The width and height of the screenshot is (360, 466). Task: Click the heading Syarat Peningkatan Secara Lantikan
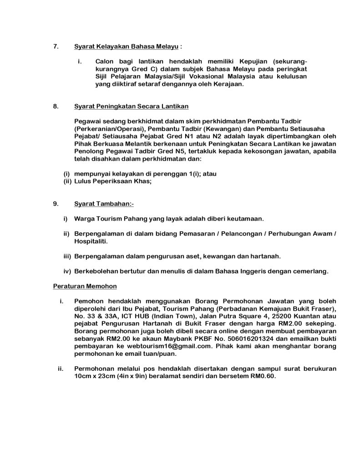click(x=131, y=106)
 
